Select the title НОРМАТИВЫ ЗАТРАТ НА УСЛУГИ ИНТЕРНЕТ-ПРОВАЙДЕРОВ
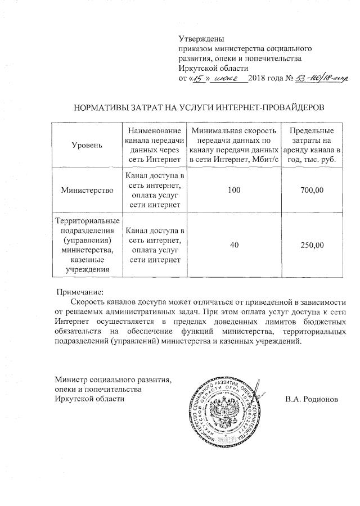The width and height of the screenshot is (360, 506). [x=200, y=106]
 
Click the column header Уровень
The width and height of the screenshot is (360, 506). [x=87, y=145]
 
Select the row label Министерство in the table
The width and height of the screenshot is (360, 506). [x=87, y=191]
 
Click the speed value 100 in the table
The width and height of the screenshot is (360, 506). [x=233, y=191]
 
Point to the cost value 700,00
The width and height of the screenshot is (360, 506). [x=312, y=191]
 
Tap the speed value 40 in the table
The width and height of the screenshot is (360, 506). [x=233, y=245]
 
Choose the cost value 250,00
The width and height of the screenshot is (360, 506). [x=312, y=245]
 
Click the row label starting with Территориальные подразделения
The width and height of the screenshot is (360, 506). [x=87, y=245]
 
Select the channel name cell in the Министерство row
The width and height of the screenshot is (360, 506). [x=154, y=191]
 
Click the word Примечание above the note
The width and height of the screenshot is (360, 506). [x=80, y=292]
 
